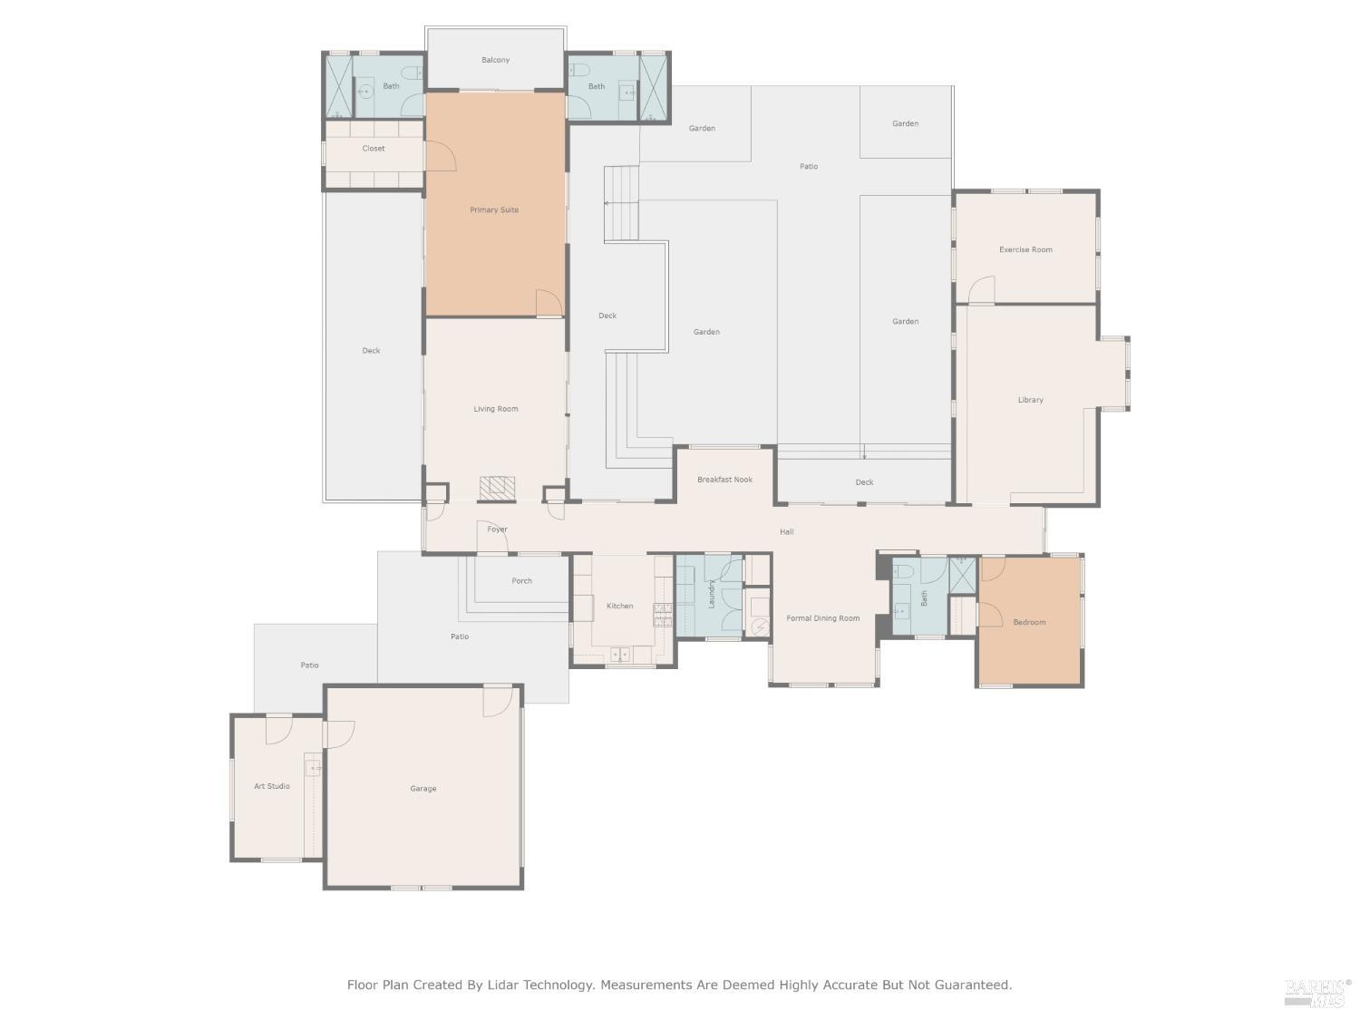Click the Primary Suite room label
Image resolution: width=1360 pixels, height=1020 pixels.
point(494,210)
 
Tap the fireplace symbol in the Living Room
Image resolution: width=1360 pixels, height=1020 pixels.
point(497,489)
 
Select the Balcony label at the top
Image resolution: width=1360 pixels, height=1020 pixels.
point(495,61)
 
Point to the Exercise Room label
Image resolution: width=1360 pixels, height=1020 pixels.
point(1025,250)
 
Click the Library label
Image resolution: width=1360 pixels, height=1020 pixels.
point(1030,400)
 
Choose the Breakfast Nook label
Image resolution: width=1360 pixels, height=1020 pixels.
point(724,480)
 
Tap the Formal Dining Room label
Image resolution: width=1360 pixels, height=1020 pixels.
point(822,619)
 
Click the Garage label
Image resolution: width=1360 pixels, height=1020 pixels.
point(423,789)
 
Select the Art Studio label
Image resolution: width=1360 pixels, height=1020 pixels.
point(272,787)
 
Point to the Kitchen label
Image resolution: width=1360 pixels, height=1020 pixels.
point(620,607)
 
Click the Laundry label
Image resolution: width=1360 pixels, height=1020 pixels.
point(712,595)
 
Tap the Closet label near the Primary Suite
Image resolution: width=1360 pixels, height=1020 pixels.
point(374,149)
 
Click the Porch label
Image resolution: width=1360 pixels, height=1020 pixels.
point(521,581)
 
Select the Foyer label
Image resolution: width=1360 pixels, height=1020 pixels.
point(497,529)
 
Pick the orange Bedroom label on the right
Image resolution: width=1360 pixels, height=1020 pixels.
point(1029,623)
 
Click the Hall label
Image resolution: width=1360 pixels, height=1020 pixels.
point(786,532)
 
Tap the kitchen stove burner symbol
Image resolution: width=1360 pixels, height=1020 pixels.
point(663,615)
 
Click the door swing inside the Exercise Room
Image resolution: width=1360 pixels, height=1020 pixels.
point(982,290)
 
